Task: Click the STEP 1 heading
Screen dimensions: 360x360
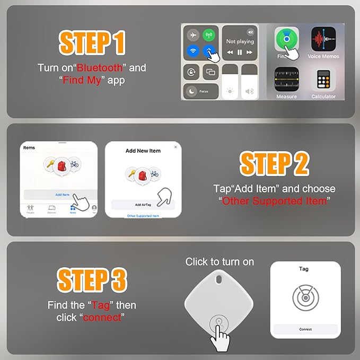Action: (92, 43)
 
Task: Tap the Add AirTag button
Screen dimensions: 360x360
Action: (143, 204)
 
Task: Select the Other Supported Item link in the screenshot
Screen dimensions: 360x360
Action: (143, 216)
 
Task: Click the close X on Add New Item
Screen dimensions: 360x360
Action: (175, 147)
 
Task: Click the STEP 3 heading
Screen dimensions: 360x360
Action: (92, 280)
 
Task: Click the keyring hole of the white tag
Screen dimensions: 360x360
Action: (217, 278)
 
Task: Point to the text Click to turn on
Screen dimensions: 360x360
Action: (219, 262)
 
